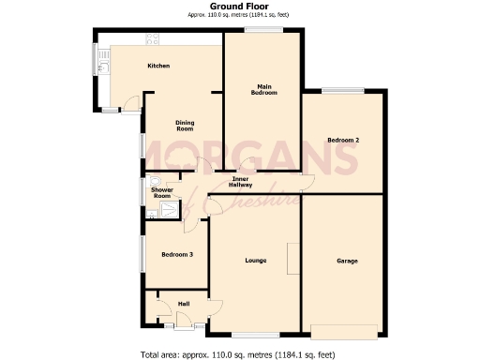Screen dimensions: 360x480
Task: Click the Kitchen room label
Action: (x=157, y=67)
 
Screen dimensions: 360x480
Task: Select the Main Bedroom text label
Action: (x=262, y=90)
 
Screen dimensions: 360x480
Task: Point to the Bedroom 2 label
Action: (x=343, y=141)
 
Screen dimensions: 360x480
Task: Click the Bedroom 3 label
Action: (x=177, y=255)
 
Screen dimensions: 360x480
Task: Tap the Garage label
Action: (x=347, y=261)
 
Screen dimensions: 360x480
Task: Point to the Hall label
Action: (x=184, y=303)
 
